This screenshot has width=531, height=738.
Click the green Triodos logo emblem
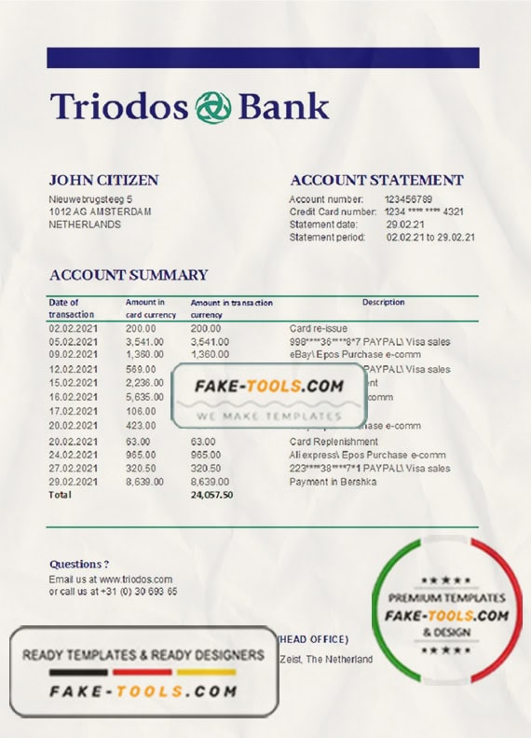tap(212, 107)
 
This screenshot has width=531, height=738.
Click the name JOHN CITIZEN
tap(103, 180)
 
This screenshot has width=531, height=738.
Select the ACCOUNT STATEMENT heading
tap(376, 180)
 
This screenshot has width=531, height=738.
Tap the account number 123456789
tap(408, 199)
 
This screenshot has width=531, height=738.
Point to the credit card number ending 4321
tap(423, 212)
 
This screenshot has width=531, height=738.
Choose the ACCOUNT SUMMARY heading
tap(128, 275)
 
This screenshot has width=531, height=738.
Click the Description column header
tap(383, 302)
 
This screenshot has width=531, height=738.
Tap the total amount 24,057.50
tap(211, 494)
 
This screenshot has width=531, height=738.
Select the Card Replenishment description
tap(334, 442)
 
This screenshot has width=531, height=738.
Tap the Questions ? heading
tap(79, 564)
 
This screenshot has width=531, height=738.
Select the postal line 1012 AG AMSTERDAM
tap(100, 212)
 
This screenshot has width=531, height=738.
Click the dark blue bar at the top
tap(263, 58)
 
